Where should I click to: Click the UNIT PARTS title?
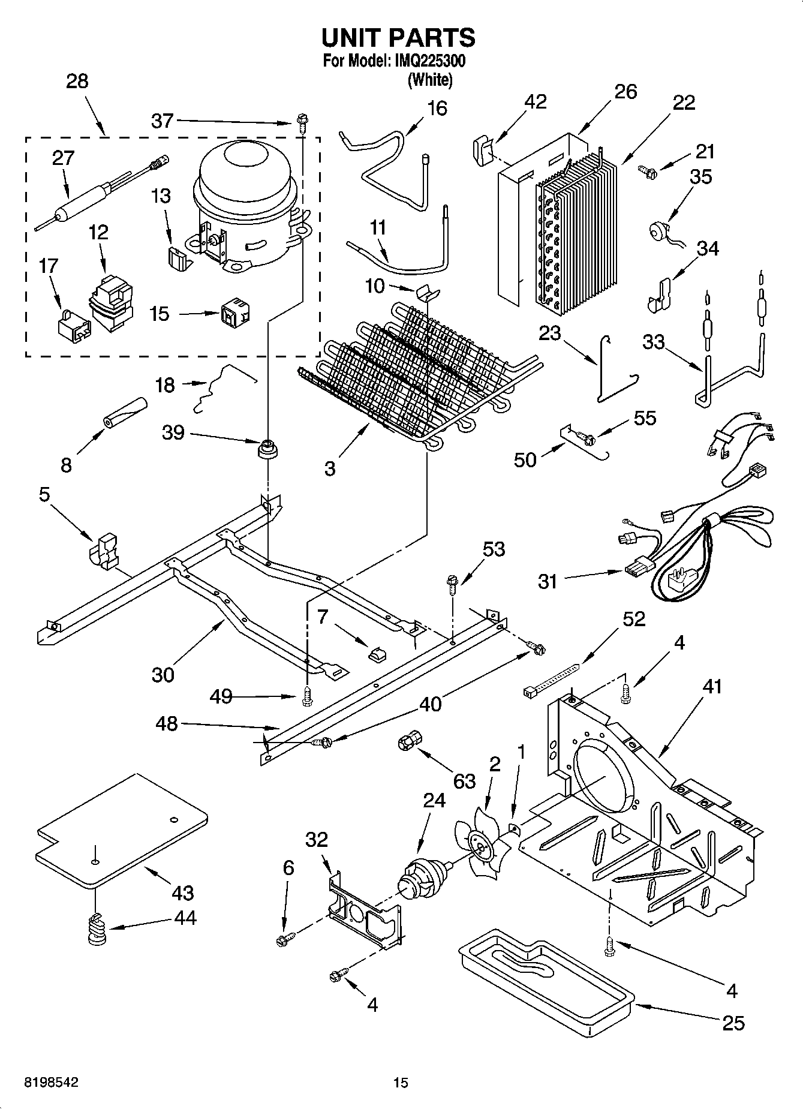[x=398, y=38]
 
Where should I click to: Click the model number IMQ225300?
[x=429, y=61]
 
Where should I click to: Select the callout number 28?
[x=77, y=81]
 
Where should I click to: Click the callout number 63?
[x=464, y=781]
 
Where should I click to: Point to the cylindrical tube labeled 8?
[x=125, y=413]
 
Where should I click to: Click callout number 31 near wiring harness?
[x=547, y=581]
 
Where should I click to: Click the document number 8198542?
[x=50, y=1082]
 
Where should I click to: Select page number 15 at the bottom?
[x=401, y=1082]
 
